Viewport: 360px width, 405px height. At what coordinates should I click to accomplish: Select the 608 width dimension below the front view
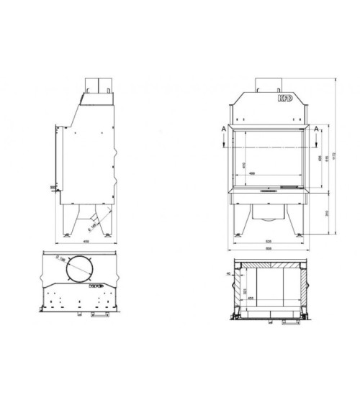(x=268, y=250)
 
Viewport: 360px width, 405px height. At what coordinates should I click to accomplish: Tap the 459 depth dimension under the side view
(x=86, y=241)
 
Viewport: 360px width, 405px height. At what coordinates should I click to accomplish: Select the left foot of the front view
(x=238, y=234)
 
